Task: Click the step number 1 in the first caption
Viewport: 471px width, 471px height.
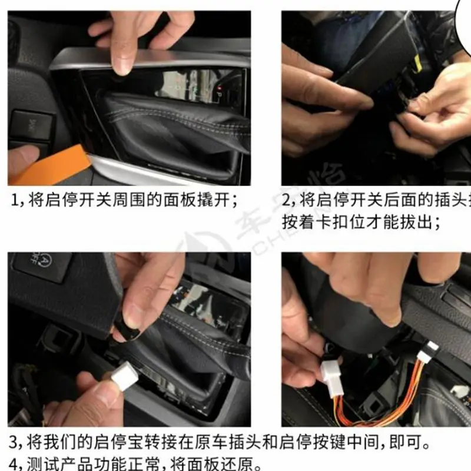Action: (x=14, y=200)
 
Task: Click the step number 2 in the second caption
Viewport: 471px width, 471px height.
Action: (x=287, y=200)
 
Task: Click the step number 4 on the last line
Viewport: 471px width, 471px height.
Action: (x=14, y=462)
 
